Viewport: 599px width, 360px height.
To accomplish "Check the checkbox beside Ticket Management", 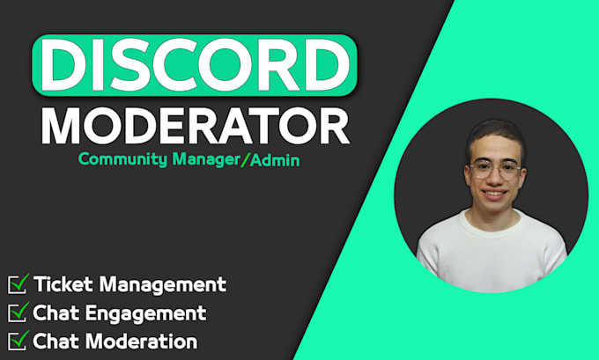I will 18,283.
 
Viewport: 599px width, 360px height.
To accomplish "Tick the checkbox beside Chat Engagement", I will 18,312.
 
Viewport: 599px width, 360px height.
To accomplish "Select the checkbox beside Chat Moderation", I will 18,340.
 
